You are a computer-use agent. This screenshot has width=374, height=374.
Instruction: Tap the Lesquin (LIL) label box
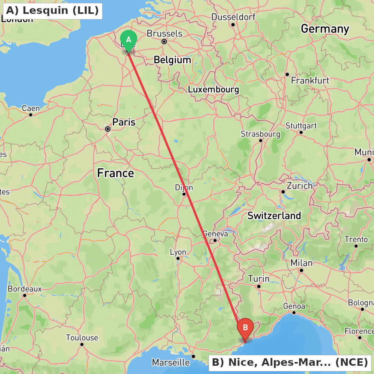click(x=52, y=10)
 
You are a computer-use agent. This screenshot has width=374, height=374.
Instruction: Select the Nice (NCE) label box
click(x=290, y=362)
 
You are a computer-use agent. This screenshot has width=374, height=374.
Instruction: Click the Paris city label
click(x=124, y=122)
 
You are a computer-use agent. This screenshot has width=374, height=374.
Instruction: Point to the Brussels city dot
click(x=164, y=42)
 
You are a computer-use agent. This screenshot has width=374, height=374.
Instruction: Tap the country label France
click(x=115, y=173)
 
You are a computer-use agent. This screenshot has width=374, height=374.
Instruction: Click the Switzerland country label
click(x=274, y=215)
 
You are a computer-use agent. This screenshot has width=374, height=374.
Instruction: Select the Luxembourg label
click(x=213, y=90)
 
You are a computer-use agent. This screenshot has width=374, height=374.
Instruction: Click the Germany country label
click(x=325, y=29)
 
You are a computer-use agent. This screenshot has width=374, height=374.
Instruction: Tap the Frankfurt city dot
click(x=287, y=74)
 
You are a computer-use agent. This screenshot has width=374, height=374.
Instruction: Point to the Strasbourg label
click(x=260, y=134)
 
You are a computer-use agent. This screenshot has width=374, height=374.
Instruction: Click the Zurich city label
click(x=300, y=186)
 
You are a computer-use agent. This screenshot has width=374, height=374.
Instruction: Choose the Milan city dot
click(x=301, y=270)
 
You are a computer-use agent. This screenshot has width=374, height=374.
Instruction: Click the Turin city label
click(x=259, y=279)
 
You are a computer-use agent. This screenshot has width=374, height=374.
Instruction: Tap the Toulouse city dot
click(x=82, y=344)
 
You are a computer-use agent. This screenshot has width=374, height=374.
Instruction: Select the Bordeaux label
click(x=25, y=289)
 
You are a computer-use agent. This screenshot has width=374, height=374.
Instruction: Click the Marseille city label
click(x=171, y=362)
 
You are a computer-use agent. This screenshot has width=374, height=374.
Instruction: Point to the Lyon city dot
click(x=178, y=258)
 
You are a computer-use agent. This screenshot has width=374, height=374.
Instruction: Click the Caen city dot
click(x=31, y=114)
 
